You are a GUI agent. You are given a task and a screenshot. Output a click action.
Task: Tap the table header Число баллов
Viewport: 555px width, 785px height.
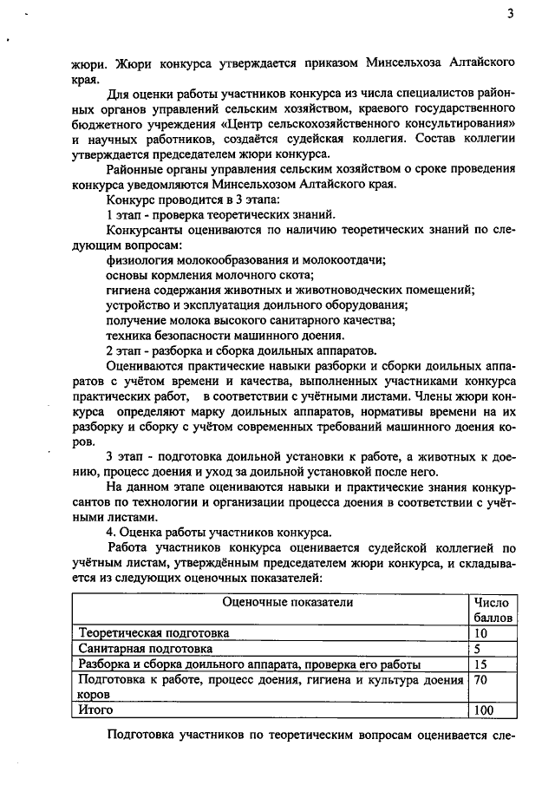493,609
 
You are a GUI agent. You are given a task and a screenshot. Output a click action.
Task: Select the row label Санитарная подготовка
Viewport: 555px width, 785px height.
145,648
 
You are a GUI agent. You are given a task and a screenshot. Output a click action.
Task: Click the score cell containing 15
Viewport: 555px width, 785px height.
482,664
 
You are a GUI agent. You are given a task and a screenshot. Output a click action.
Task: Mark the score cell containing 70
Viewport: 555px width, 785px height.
482,679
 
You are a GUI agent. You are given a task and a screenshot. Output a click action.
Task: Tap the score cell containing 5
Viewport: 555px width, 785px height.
478,648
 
